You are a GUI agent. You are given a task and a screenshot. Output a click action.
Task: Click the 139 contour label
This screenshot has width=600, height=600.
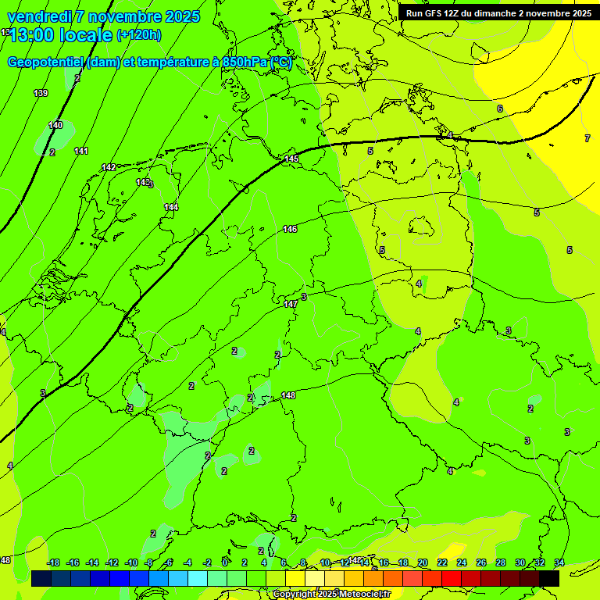tap(41, 93)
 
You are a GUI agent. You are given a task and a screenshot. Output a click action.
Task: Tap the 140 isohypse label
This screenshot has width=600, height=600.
tap(55, 125)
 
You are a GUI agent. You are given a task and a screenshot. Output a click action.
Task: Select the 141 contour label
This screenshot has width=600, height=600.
tap(81, 151)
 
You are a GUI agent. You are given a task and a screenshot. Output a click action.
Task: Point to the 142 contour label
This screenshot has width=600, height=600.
tap(109, 167)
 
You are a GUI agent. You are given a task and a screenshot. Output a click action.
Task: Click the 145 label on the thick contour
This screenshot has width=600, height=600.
tap(291, 159)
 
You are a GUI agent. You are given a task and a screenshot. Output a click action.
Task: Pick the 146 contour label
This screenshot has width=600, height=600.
tap(290, 229)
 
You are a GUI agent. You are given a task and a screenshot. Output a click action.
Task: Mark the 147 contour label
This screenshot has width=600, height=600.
tap(290, 303)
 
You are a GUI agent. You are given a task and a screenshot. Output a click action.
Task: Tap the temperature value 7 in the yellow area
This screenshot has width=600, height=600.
tap(587, 138)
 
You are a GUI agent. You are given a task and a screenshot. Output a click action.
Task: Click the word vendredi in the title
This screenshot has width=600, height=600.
tap(40, 16)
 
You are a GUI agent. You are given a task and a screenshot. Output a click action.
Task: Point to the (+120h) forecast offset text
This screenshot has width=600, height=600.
tap(139, 34)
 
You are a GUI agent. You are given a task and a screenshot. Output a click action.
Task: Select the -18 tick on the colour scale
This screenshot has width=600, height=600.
tap(53, 562)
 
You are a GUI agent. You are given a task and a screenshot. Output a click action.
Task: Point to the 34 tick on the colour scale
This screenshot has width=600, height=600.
tap(559, 562)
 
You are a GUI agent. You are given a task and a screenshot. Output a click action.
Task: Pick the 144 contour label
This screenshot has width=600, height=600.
tap(171, 207)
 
